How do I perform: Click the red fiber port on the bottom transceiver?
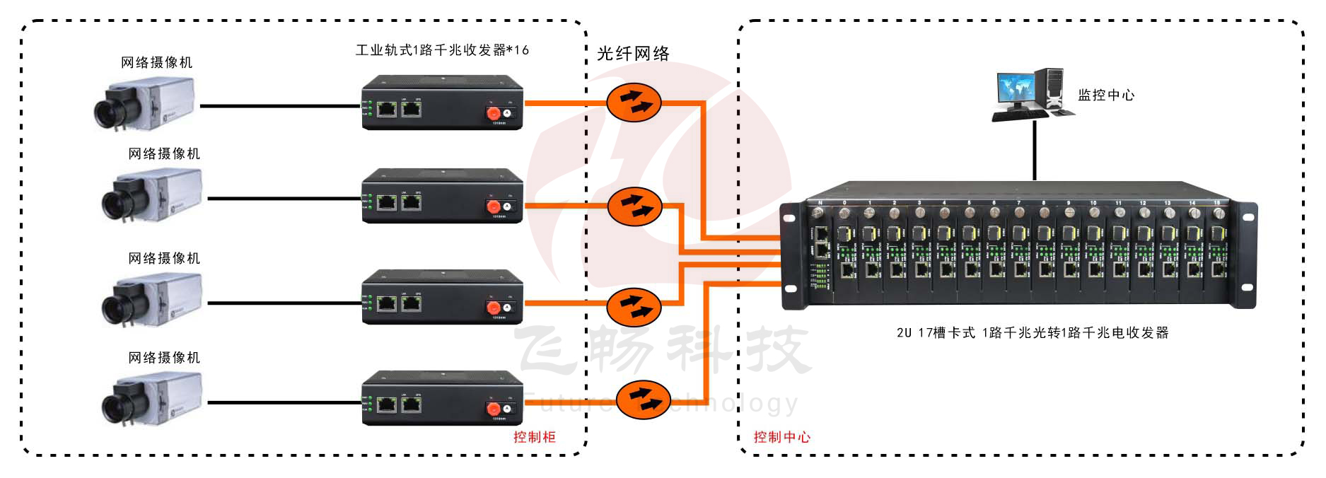(x=493, y=409)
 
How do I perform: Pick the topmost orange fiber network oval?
(x=634, y=103)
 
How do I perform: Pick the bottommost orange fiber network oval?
(x=643, y=400)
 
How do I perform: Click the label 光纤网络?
(x=633, y=54)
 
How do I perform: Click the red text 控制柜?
(x=534, y=437)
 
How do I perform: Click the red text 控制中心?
(x=781, y=437)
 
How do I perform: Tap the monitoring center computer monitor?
(x=1016, y=90)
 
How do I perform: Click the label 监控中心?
(x=1105, y=95)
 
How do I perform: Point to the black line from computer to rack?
(x=1034, y=152)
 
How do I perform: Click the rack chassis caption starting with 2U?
(x=1032, y=332)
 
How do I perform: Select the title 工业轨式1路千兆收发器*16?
(x=442, y=50)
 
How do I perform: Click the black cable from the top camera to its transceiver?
(x=279, y=106)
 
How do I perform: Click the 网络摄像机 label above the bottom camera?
(x=164, y=358)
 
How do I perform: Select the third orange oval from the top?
(x=634, y=305)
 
